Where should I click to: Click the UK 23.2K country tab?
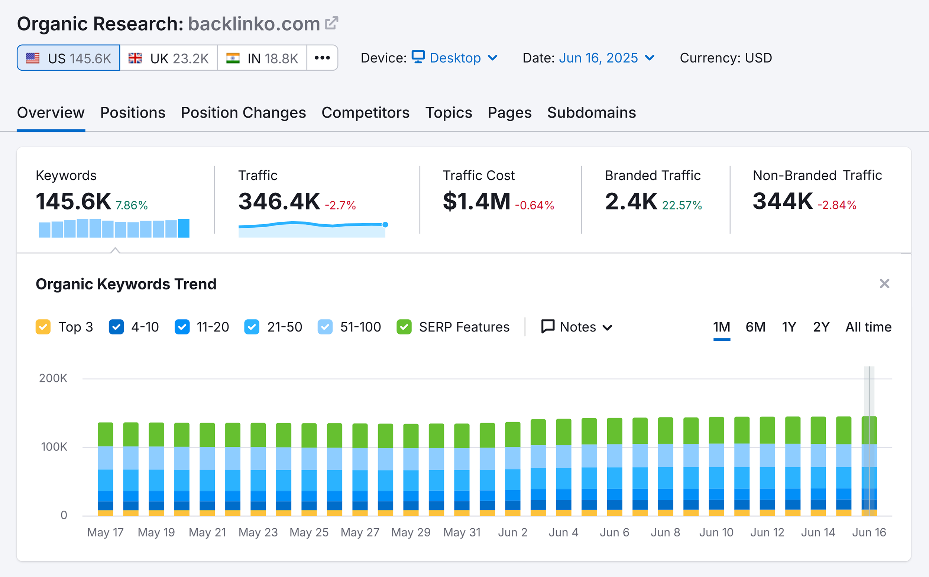click(168, 58)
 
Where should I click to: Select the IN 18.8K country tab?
click(262, 58)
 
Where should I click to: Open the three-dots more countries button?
click(322, 58)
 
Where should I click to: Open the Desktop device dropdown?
click(455, 58)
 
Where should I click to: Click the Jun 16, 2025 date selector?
click(606, 58)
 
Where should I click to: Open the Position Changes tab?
click(243, 113)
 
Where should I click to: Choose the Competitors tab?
click(365, 113)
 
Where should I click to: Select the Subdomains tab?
click(591, 113)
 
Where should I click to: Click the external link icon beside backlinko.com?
click(331, 23)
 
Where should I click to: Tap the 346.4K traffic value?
click(279, 201)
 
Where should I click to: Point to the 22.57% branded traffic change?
click(682, 205)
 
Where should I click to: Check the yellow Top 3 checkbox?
click(43, 327)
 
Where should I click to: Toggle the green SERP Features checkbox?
click(404, 327)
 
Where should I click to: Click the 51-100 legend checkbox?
click(325, 327)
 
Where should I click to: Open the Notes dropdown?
click(576, 327)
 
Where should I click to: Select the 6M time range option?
click(755, 327)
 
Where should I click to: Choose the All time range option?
click(868, 327)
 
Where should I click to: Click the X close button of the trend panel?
click(884, 283)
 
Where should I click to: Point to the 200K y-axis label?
click(53, 378)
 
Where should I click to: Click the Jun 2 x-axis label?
click(512, 532)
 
